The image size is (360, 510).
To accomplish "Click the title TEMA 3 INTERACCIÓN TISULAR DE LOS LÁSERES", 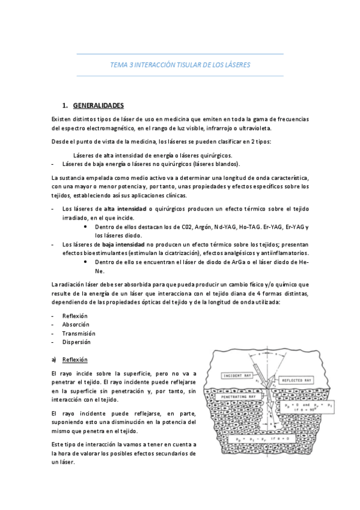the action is (180, 64).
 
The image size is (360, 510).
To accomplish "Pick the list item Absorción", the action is (76, 324).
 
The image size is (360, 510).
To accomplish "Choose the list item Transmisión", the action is (78, 333).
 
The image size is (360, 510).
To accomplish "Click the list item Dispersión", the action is (76, 342).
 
